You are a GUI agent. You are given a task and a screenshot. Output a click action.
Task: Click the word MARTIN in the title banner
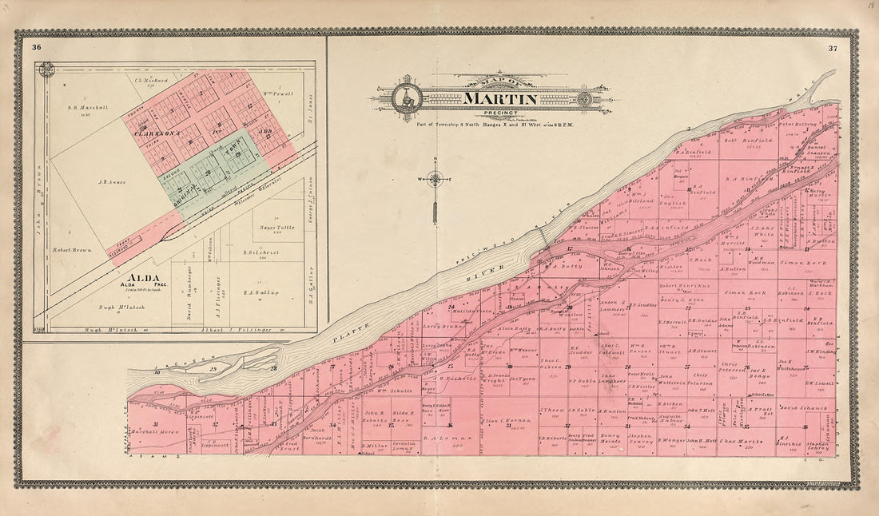point(499,99)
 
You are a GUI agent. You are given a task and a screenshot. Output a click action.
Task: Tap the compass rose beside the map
point(435,179)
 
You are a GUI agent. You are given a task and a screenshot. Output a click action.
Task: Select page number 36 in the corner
point(37,48)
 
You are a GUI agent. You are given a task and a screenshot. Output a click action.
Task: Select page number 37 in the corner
point(833,49)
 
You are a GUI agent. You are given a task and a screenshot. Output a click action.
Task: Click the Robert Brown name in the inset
point(73,250)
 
